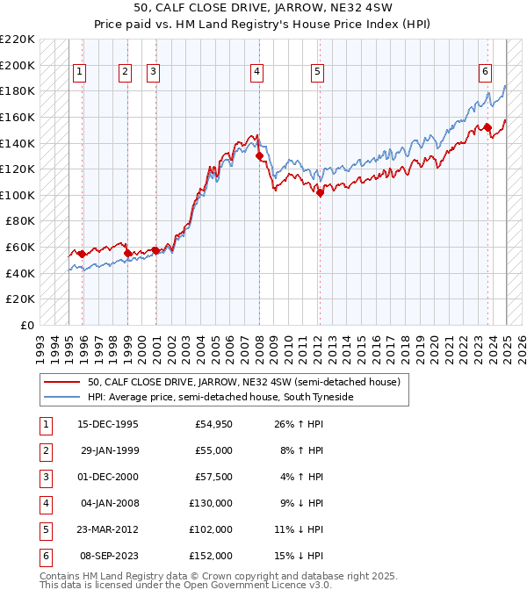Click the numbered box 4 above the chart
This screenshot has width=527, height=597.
tap(256, 73)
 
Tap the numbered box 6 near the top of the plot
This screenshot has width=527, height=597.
tap(485, 73)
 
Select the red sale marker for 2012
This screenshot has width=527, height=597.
tap(320, 193)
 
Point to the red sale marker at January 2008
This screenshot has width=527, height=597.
tap(259, 156)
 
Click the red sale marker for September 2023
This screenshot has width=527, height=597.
tap(487, 127)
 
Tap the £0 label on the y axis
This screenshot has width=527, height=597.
tap(28, 325)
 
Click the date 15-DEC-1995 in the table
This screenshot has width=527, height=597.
tap(107, 425)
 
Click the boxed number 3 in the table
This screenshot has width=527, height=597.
tap(44, 478)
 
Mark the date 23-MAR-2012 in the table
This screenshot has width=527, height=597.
tap(107, 530)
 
